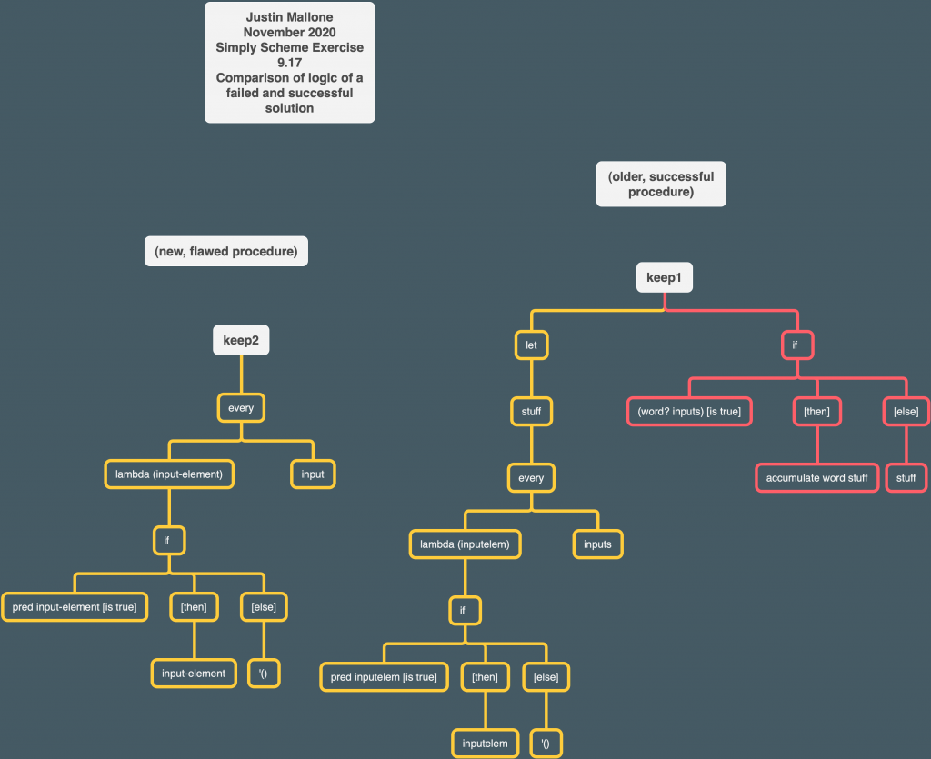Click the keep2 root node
[x=241, y=341]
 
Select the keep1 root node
[x=664, y=277]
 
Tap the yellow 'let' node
[x=531, y=345]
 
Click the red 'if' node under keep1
[x=796, y=345]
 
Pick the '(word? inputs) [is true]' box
[x=689, y=412]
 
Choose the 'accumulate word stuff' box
[x=816, y=477]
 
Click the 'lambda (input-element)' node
[x=169, y=474]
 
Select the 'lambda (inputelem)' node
[x=465, y=544]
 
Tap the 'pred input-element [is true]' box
[x=75, y=607]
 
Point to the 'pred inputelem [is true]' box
[x=384, y=677]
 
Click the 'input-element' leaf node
[x=194, y=674]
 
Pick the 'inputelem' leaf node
[x=485, y=744]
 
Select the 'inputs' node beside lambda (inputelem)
[x=597, y=544]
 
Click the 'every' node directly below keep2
[x=241, y=408]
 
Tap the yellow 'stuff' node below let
[x=531, y=412]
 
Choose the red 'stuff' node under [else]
[x=906, y=477]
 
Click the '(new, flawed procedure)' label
[x=226, y=252]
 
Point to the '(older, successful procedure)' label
[x=661, y=185]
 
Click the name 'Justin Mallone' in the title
[x=289, y=18]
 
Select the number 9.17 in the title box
[x=289, y=63]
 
